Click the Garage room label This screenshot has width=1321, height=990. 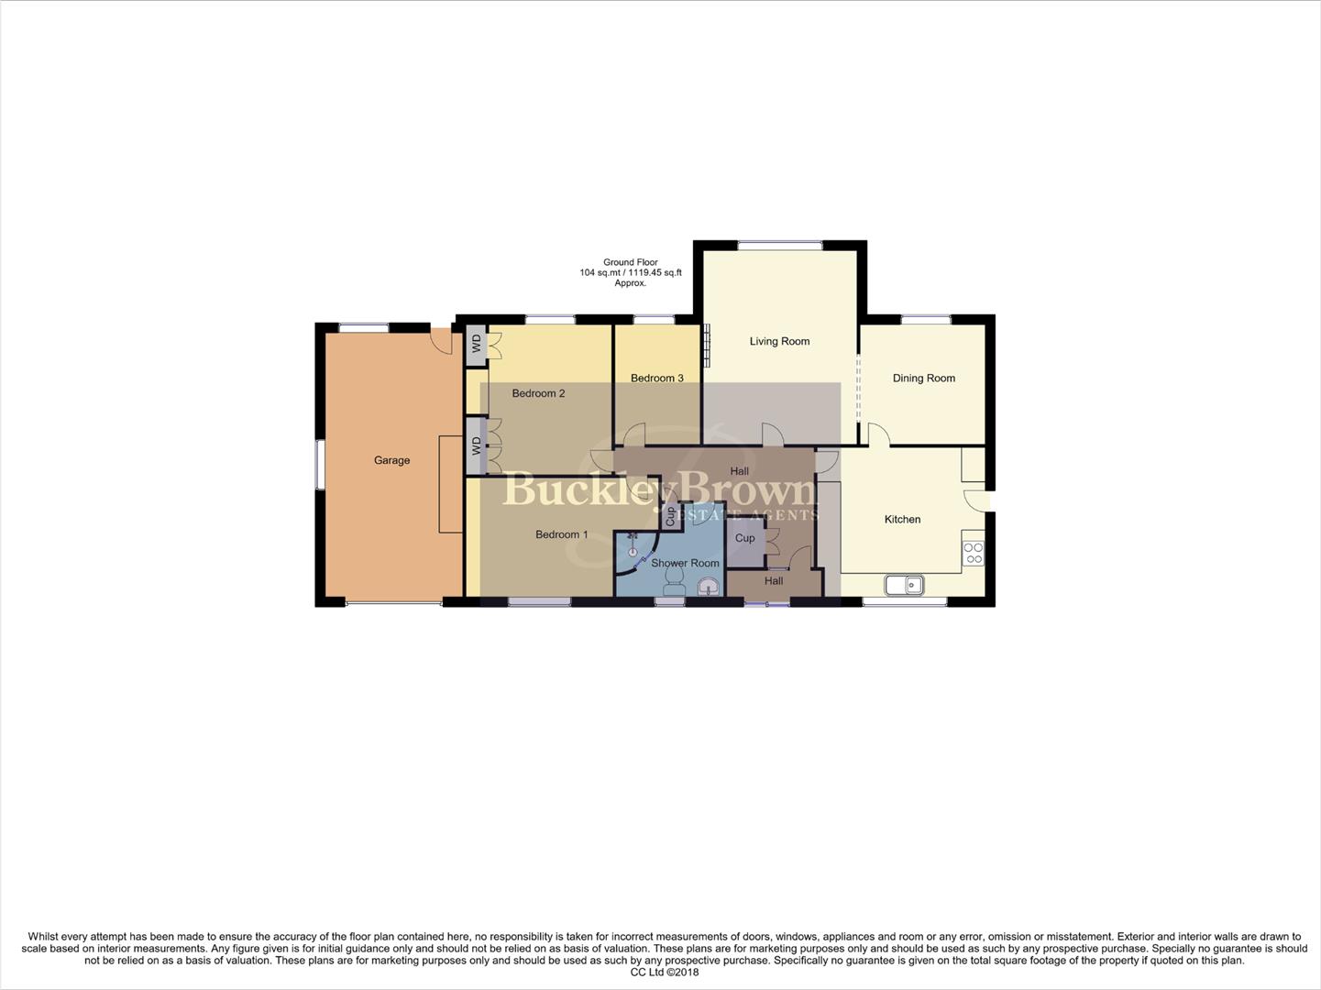pyautogui.click(x=391, y=460)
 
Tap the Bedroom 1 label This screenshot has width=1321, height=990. pyautogui.click(x=562, y=534)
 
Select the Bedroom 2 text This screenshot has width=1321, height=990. pyautogui.click(x=538, y=393)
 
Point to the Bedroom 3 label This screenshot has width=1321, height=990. pyautogui.click(x=656, y=378)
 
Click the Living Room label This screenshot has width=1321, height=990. pyautogui.click(x=779, y=341)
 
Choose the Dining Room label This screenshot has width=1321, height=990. pyautogui.click(x=923, y=378)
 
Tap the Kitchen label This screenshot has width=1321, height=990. pyautogui.click(x=902, y=519)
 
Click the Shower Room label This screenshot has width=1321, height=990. pyautogui.click(x=685, y=563)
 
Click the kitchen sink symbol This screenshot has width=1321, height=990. pyautogui.click(x=905, y=584)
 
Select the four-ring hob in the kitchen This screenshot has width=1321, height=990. pyautogui.click(x=973, y=553)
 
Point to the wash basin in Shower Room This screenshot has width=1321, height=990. pyautogui.click(x=709, y=586)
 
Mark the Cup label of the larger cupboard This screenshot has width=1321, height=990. pyautogui.click(x=744, y=538)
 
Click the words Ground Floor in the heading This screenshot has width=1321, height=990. pyautogui.click(x=630, y=262)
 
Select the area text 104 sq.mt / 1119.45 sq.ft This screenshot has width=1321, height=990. pyautogui.click(x=630, y=273)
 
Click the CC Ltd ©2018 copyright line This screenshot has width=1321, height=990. pyautogui.click(x=664, y=973)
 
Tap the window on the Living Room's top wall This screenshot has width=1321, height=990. pyautogui.click(x=779, y=245)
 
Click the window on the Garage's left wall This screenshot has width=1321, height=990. pyautogui.click(x=319, y=465)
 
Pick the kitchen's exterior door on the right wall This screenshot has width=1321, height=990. pyautogui.click(x=985, y=500)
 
